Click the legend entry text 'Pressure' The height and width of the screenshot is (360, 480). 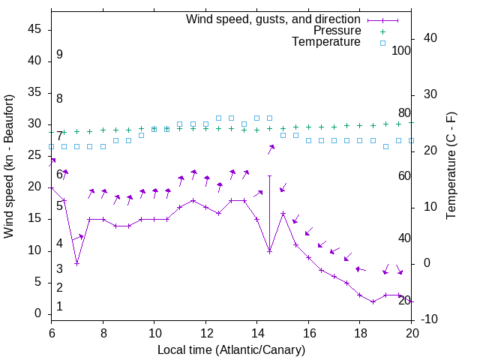point(337,31)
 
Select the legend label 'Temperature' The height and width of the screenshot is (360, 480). point(326,42)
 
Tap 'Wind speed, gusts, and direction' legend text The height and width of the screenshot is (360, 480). point(274,19)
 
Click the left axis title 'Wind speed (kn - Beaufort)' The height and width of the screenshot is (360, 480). point(9,166)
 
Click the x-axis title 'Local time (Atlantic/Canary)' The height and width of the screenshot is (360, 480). point(231,349)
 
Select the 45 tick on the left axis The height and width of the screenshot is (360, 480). point(34,29)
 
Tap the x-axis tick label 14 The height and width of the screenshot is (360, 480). point(256,331)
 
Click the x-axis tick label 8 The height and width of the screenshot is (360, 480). point(103,331)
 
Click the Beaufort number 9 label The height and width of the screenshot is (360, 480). point(59,55)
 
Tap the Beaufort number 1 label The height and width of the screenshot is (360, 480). point(59,306)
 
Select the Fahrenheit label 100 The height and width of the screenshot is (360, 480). point(402,50)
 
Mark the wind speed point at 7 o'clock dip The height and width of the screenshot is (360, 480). point(76,263)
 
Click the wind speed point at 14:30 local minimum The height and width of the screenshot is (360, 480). point(269,250)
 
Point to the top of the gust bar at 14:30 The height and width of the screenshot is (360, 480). point(269,175)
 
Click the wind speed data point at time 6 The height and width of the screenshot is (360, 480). point(51,187)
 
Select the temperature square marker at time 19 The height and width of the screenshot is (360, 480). point(385,146)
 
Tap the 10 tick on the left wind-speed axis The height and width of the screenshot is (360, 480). point(34,250)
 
